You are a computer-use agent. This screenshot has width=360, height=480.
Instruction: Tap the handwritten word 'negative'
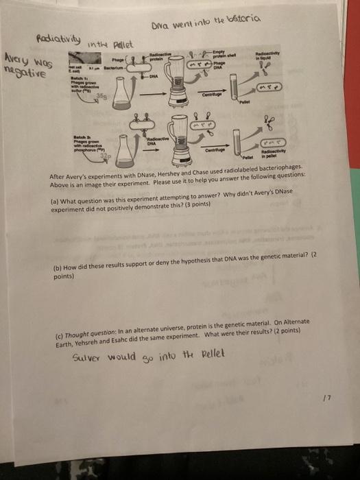(x=25, y=69)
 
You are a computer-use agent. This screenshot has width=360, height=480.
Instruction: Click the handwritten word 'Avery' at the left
(x=19, y=58)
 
